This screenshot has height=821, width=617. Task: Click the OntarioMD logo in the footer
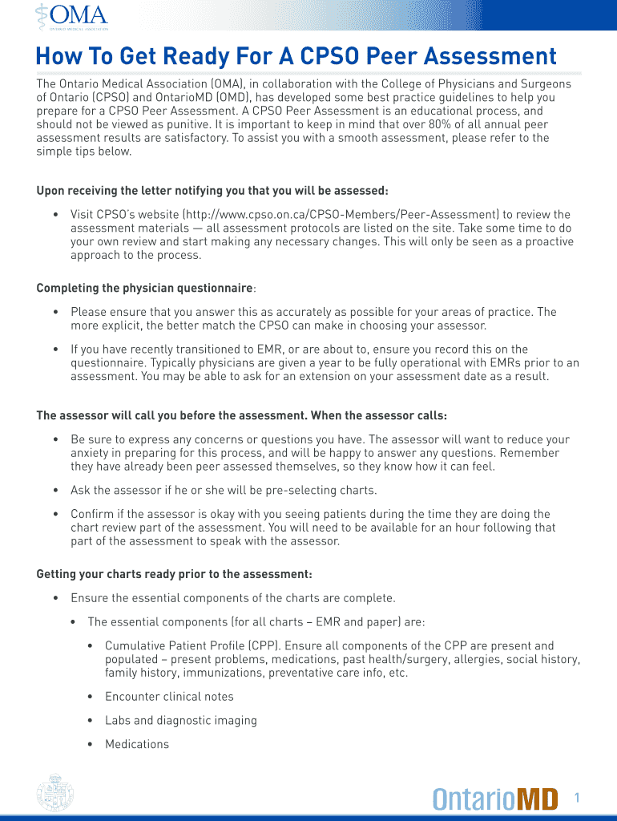tap(495, 799)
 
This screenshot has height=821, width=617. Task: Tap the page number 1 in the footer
tap(576, 797)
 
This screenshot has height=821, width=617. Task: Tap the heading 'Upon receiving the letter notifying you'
tap(212, 190)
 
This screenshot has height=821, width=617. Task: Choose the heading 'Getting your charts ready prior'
tap(175, 574)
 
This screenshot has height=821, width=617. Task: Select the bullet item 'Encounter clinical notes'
tap(169, 697)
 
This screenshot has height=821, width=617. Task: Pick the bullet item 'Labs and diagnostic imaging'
tap(181, 720)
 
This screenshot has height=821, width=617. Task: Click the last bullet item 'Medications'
tap(137, 744)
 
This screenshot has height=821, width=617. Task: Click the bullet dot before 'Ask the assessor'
tap(55, 490)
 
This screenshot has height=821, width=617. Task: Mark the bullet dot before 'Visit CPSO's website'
tap(55, 214)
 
